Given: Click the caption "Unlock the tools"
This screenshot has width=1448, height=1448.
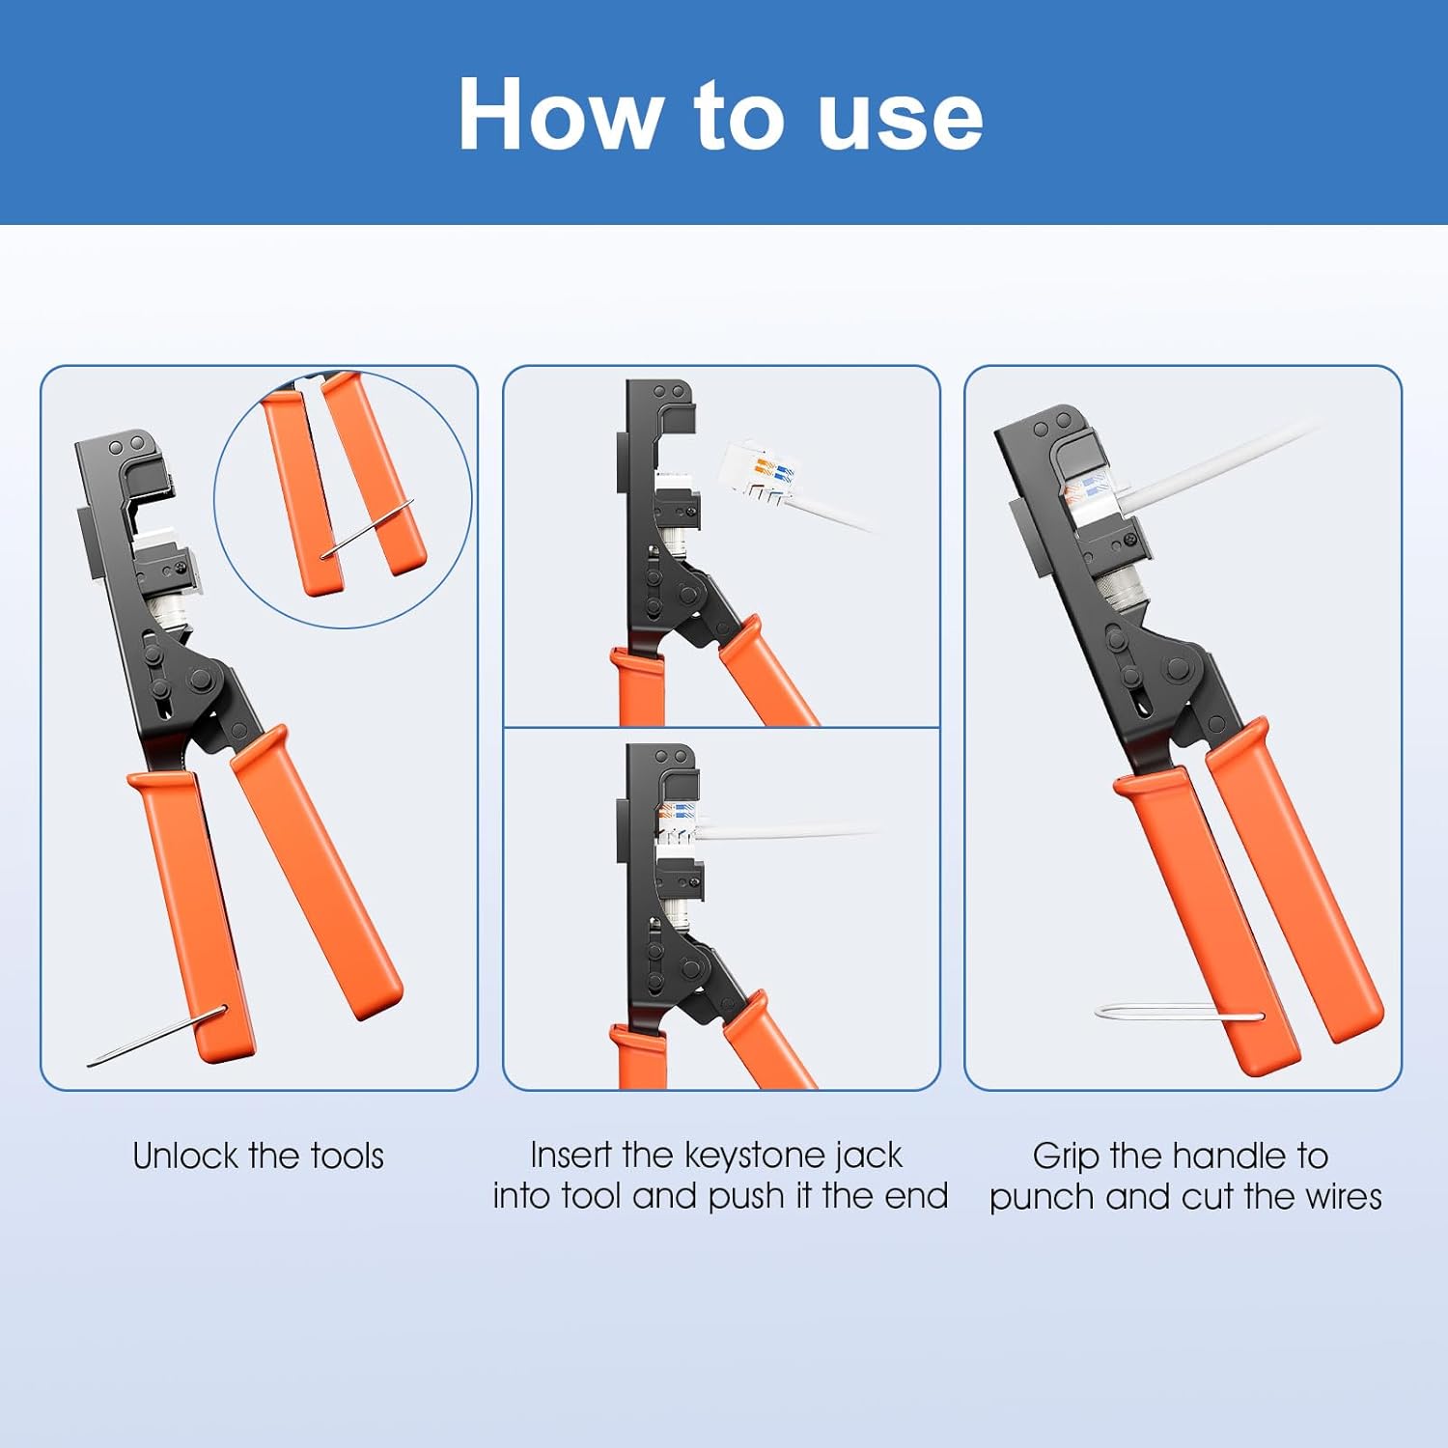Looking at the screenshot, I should tap(258, 1156).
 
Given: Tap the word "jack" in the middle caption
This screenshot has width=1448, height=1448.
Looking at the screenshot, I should tap(869, 1156).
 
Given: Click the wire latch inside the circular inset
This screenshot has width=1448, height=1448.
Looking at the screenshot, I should tap(367, 529).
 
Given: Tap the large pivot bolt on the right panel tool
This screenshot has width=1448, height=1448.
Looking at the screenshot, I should tap(1177, 670).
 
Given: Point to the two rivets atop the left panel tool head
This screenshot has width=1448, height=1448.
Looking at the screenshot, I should tap(126, 447).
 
